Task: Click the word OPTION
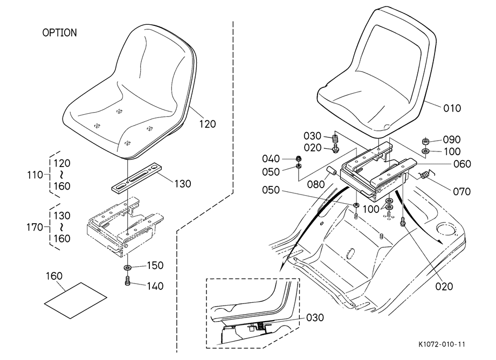[x=59, y=32]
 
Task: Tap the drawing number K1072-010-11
[x=442, y=344]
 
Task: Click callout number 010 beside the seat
[x=452, y=108]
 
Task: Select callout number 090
[x=452, y=140]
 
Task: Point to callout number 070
[x=462, y=191]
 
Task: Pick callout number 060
[x=462, y=164]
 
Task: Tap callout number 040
[x=271, y=158]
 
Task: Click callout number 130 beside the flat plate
[x=182, y=183]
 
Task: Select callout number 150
[x=155, y=265]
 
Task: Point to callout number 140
[x=155, y=286]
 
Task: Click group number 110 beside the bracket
[x=35, y=175]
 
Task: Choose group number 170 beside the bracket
[x=35, y=227]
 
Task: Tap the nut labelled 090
[x=425, y=141]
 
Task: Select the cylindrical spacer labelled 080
[x=332, y=171]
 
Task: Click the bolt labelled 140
[x=128, y=281]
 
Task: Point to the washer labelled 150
[x=128, y=268]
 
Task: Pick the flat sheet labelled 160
[x=75, y=300]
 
